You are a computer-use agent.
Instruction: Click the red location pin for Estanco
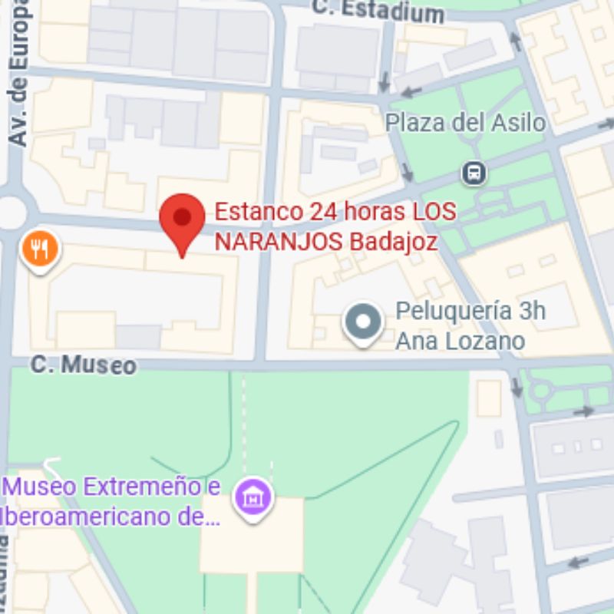pos(182,218)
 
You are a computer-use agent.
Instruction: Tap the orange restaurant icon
pos(40,248)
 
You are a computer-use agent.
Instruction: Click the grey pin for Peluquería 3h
pos(362,322)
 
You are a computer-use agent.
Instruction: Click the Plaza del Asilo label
pos(465,123)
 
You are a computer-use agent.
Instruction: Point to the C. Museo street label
pos(84,365)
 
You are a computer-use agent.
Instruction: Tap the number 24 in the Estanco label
pos(320,211)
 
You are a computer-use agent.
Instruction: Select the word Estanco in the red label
pos(256,211)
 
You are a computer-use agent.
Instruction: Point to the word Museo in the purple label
pos(41,487)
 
